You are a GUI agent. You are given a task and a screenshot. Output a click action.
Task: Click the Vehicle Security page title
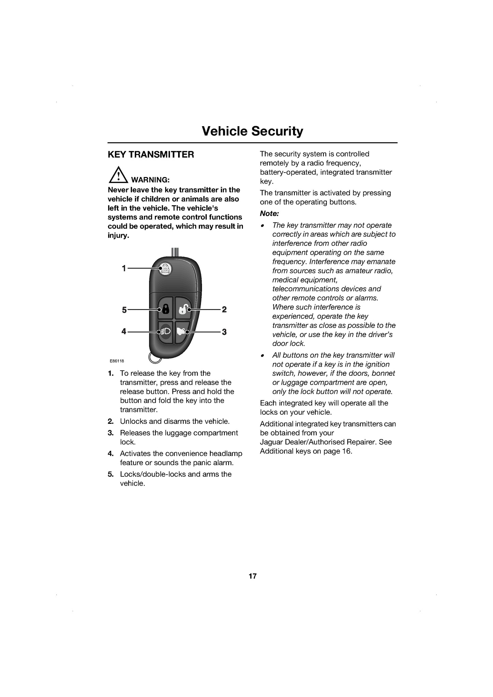(x=252, y=131)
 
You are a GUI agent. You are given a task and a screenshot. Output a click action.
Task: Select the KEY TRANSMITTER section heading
(x=151, y=154)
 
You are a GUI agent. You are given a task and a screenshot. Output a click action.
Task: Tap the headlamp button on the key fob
(x=165, y=332)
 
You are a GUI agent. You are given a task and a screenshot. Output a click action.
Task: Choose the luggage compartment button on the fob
(x=183, y=331)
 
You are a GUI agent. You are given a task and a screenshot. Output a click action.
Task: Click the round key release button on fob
(x=165, y=268)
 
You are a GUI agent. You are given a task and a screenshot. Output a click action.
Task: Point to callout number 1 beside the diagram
(x=124, y=268)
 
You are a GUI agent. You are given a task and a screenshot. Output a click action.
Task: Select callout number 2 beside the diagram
(x=224, y=309)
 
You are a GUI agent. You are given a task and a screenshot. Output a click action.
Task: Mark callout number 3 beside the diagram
(x=224, y=332)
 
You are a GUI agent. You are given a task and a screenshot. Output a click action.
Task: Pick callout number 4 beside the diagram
(x=124, y=331)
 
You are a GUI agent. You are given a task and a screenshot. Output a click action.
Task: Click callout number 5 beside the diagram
(x=124, y=310)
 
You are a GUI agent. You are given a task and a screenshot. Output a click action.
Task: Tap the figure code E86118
(x=117, y=361)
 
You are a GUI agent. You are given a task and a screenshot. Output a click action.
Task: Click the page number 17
(x=252, y=576)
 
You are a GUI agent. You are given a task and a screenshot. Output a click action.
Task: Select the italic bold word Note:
(x=270, y=214)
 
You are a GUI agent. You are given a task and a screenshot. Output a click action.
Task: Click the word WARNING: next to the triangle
(x=150, y=180)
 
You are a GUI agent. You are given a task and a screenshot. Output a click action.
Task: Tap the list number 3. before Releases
(x=111, y=433)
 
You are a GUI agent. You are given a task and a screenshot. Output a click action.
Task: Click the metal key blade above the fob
(x=175, y=252)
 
